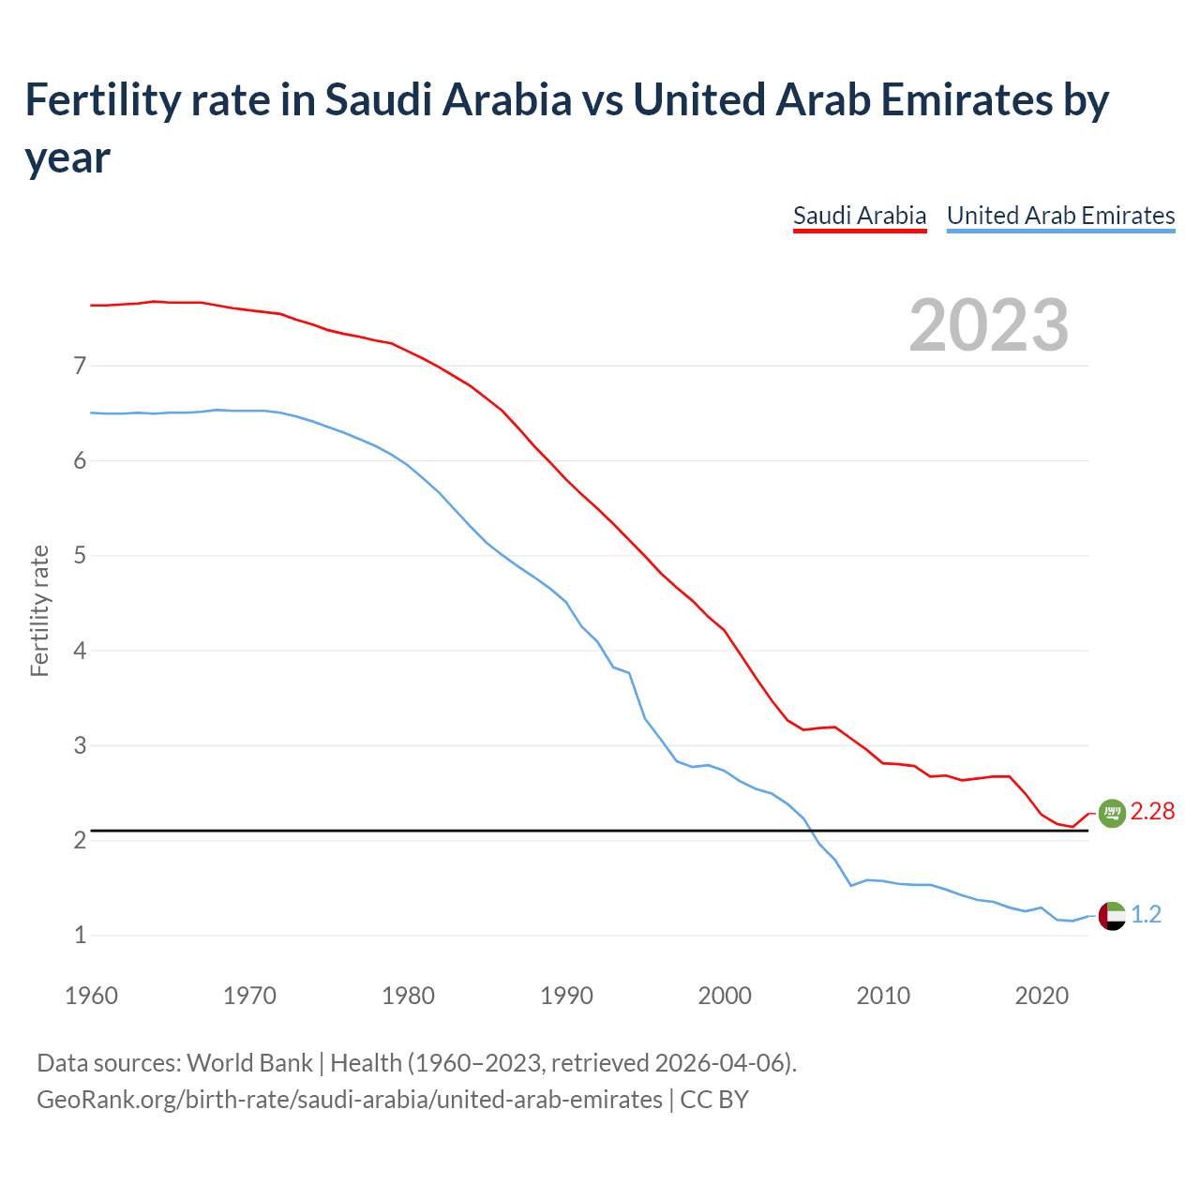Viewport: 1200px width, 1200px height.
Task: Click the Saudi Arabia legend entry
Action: tap(859, 216)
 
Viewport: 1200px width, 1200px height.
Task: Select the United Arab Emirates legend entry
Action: tap(1060, 216)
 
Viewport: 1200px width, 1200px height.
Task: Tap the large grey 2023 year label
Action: tap(989, 325)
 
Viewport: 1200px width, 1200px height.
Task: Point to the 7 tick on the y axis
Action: tap(80, 366)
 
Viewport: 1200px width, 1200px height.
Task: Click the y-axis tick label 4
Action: tap(80, 651)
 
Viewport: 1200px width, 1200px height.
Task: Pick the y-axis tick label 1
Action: tap(80, 936)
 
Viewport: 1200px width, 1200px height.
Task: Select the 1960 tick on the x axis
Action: tap(91, 996)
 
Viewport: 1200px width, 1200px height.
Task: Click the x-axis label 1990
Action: tap(566, 996)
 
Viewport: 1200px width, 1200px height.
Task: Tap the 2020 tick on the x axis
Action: tap(1042, 996)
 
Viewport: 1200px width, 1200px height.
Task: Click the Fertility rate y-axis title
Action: tap(39, 610)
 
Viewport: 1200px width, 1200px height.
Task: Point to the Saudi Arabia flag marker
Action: tap(1111, 813)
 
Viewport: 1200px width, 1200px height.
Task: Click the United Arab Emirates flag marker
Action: tap(1111, 915)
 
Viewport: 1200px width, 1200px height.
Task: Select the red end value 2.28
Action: tap(1152, 812)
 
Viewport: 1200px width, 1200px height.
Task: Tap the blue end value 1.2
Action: tap(1147, 915)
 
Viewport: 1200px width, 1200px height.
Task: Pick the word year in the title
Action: tap(67, 157)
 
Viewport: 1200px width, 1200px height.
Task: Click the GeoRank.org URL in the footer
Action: tap(349, 1099)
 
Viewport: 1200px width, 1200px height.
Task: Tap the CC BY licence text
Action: tap(714, 1099)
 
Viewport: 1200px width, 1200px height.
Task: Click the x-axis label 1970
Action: tap(249, 996)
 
